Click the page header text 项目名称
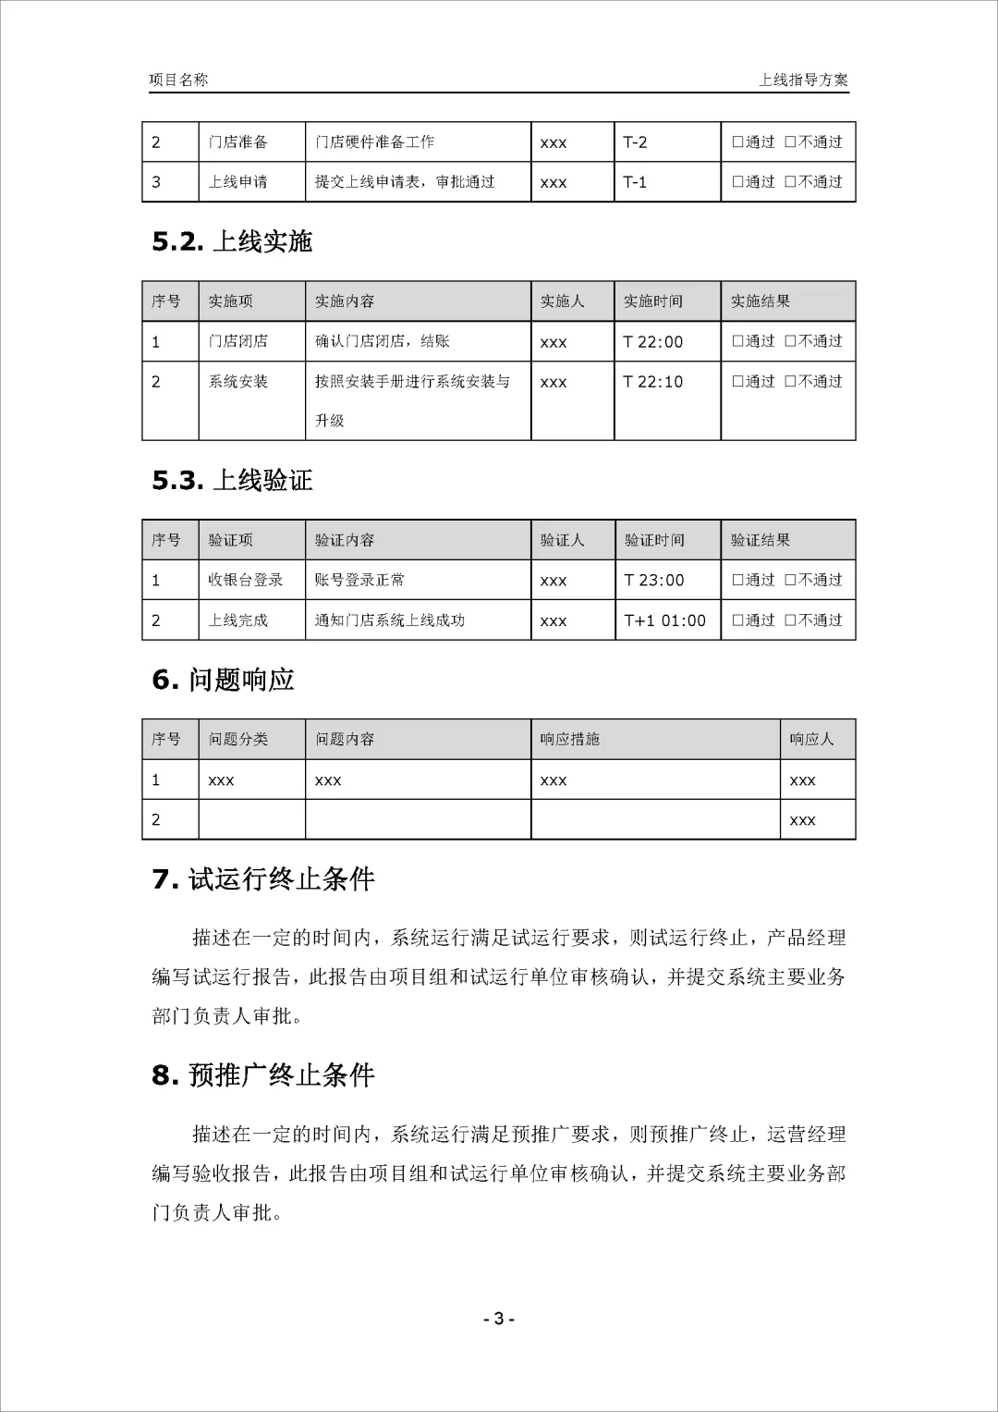click(x=178, y=80)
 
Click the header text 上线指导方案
click(x=802, y=80)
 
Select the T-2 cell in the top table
click(x=636, y=142)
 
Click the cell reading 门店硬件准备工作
click(x=374, y=142)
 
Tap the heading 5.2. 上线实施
click(x=232, y=241)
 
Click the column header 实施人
click(x=562, y=301)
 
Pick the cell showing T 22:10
click(x=652, y=382)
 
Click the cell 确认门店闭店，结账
click(x=383, y=341)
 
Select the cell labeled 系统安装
click(x=238, y=382)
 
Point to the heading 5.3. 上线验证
click(x=232, y=480)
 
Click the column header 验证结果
click(x=761, y=540)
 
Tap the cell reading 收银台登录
click(x=246, y=580)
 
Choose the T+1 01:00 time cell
click(x=664, y=620)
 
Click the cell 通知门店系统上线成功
click(x=390, y=620)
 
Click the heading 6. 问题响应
click(x=223, y=680)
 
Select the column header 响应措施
click(x=570, y=739)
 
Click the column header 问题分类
click(x=238, y=739)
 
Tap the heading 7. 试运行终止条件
click(x=263, y=878)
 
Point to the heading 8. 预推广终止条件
click(x=263, y=1074)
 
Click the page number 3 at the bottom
click(x=499, y=1319)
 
